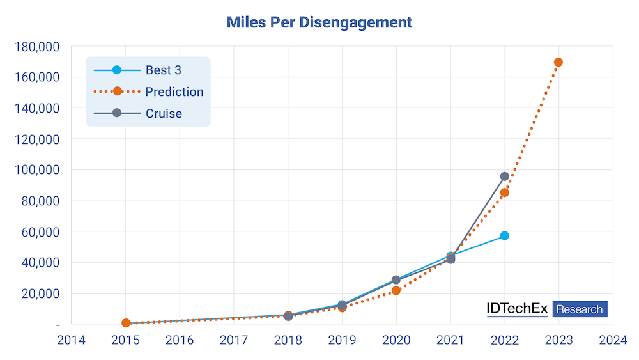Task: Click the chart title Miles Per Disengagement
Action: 319,22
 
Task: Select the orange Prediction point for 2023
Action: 558,62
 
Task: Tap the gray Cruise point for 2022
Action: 505,176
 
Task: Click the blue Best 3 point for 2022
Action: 505,236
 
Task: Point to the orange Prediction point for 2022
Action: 505,192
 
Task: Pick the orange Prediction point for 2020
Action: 396,290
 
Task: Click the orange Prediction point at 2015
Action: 126,323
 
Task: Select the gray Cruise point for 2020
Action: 396,279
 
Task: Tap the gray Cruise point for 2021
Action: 450,259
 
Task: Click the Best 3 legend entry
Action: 138,70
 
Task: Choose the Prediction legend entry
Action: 148,91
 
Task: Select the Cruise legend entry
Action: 138,113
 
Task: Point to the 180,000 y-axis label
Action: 37,47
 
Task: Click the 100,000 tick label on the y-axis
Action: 37,169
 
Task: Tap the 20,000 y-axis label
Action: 40,293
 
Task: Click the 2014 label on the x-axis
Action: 72,340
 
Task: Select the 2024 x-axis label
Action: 613,340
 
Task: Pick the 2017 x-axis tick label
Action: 234,340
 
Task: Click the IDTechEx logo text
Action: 517,309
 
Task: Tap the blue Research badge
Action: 580,309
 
